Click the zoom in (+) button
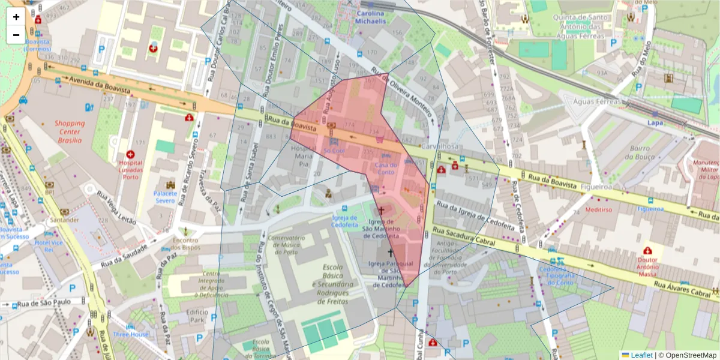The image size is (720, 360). tap(16, 17)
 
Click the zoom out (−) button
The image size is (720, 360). tap(16, 35)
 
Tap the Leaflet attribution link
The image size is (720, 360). tap(637, 355)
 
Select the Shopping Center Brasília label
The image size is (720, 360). tap(70, 131)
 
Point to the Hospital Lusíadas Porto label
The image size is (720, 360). tap(130, 169)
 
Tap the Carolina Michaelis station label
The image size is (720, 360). tap(371, 17)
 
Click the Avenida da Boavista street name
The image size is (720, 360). tap(100, 85)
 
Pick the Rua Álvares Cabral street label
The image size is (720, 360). tap(685, 290)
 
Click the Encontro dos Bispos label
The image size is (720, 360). tap(186, 244)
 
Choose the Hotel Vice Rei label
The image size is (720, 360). tap(49, 246)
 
